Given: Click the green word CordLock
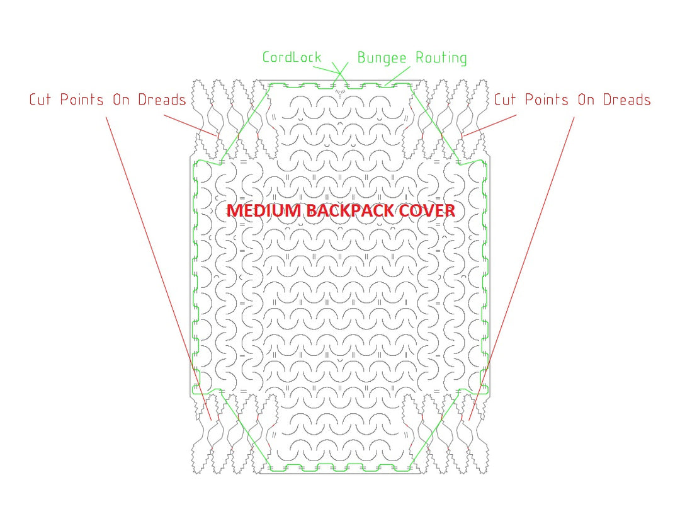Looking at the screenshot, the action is [292, 57].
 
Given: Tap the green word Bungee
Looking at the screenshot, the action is [382, 58].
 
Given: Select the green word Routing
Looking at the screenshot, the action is [441, 58].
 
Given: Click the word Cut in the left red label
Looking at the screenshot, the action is [40, 100].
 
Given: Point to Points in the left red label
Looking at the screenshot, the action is [81, 100].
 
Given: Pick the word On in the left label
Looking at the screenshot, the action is [121, 100].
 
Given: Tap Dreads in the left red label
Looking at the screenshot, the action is [162, 100].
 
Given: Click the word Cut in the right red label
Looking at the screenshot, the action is [505, 100].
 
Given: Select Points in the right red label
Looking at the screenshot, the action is [547, 100].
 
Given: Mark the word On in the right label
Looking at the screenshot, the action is [586, 100].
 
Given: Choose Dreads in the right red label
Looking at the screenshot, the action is [627, 100].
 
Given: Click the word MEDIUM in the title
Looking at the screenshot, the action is [264, 211].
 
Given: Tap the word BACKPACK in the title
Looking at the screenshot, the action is [351, 211].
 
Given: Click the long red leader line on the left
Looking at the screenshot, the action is [159, 268].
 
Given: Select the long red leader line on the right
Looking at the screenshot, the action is [522, 268].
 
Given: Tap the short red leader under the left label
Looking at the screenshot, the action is [190, 125].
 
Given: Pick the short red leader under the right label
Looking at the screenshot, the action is [490, 125].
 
